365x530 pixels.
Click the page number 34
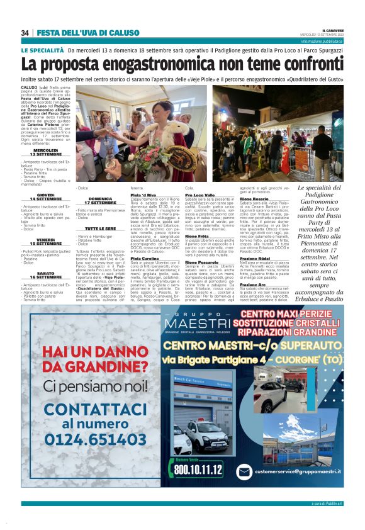(x=25, y=33)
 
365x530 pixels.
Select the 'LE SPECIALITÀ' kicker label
(x=42, y=50)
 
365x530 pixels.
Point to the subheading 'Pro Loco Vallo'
(x=199, y=196)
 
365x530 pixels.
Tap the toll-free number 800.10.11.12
(x=199, y=469)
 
